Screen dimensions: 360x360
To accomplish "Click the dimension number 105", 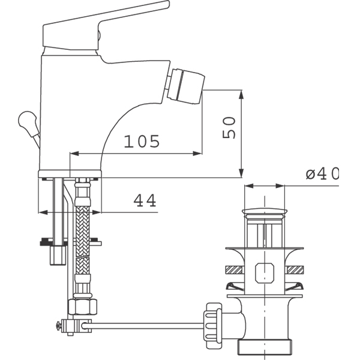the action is (142, 141).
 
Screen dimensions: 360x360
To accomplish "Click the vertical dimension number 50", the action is (229, 128).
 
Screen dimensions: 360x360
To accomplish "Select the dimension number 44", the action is (145, 200).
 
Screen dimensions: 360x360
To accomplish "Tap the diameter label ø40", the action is (322, 173).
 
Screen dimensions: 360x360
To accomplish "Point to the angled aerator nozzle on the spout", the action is (186, 86).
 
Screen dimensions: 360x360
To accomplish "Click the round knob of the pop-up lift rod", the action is (26, 119).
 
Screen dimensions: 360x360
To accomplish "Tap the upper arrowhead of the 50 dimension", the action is (241, 95).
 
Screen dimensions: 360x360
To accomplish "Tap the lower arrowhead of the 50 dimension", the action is (241, 173).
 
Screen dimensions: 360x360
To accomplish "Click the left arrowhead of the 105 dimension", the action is (74, 154).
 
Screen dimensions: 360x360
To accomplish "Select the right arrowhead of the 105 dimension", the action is (197, 154).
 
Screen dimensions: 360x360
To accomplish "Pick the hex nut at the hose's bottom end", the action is (83, 307).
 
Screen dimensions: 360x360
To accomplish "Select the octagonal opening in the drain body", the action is (265, 272).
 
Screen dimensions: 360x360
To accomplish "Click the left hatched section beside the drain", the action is (235, 270).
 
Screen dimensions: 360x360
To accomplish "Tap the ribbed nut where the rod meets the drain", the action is (212, 325).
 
